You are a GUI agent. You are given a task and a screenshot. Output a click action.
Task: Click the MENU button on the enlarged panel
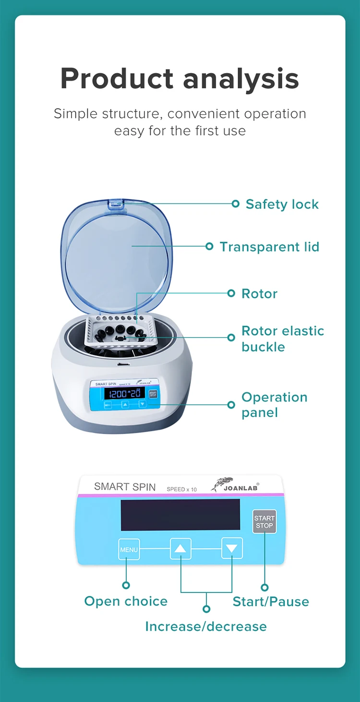tap(129, 549)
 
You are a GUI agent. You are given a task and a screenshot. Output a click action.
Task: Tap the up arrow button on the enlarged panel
tap(180, 548)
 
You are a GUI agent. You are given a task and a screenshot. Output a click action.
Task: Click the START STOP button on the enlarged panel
tap(264, 522)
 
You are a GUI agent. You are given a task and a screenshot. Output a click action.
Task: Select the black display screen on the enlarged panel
tap(180, 515)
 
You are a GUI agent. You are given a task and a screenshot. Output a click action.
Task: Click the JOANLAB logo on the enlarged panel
tap(235, 485)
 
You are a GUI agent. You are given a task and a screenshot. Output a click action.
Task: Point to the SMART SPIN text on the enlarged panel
tap(125, 487)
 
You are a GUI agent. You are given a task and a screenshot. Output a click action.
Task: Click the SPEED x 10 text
tap(181, 489)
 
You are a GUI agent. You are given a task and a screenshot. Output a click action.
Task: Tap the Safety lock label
tap(282, 205)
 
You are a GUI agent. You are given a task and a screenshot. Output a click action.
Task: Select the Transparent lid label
tap(269, 247)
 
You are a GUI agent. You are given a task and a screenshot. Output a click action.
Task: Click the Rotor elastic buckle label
tap(283, 339)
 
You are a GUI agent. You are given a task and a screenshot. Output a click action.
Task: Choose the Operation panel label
tap(274, 405)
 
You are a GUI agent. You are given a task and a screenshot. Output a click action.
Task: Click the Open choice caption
tap(126, 601)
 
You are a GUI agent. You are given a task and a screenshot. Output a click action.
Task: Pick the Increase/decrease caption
tap(206, 627)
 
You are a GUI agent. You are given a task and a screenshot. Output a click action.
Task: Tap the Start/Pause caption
tap(271, 602)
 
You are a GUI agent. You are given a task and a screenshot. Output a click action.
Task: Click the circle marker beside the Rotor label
tap(231, 293)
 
